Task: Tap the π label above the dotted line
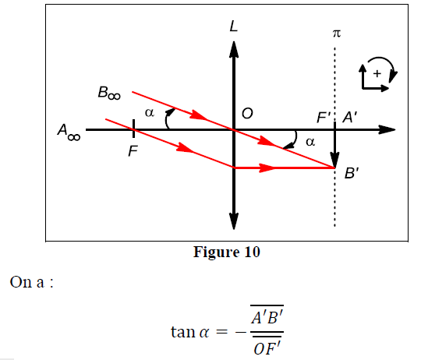(x=337, y=34)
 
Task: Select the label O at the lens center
(x=247, y=115)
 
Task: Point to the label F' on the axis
(x=324, y=118)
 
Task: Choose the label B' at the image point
(x=352, y=175)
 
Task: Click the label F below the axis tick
(x=133, y=151)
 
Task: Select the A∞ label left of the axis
(x=68, y=133)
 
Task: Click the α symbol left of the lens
(x=150, y=115)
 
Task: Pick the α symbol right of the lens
(x=310, y=142)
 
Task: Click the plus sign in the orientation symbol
(x=377, y=73)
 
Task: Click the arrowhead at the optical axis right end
(x=387, y=129)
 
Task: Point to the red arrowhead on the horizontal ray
(x=267, y=167)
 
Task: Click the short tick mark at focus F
(x=134, y=129)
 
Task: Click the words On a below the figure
(x=30, y=281)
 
